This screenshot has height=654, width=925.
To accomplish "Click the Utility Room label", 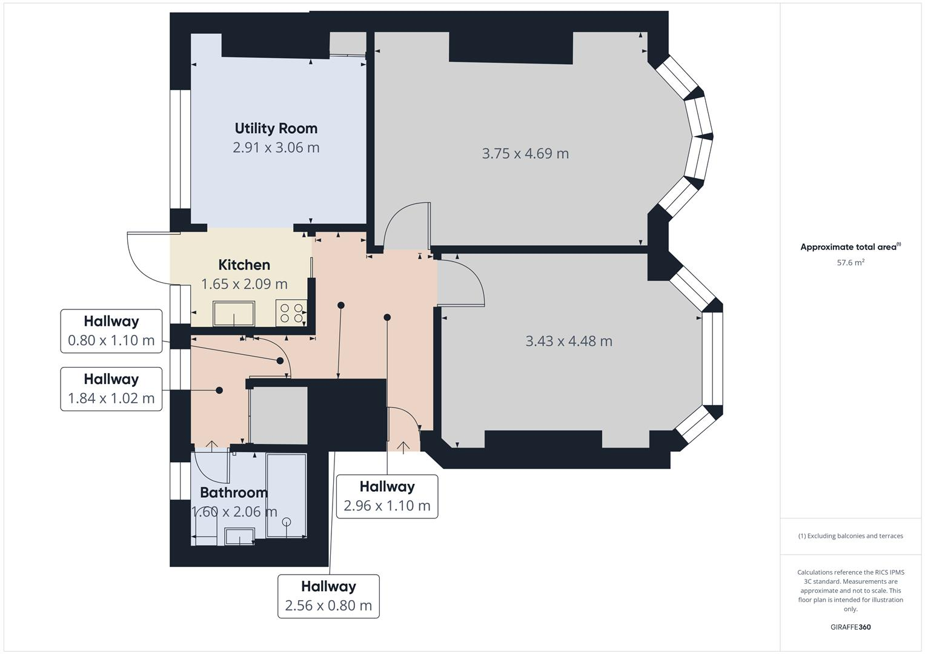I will (276, 128).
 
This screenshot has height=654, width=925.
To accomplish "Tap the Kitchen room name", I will (244, 265).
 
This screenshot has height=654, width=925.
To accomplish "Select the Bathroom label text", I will (234, 492).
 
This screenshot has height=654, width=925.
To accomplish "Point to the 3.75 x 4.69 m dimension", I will (525, 154).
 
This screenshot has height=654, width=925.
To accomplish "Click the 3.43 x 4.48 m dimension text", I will (569, 342).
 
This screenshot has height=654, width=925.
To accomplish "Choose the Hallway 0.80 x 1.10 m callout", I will (111, 331).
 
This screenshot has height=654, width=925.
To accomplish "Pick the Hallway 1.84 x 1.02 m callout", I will (111, 389).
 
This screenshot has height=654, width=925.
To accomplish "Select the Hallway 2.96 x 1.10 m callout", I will (387, 497).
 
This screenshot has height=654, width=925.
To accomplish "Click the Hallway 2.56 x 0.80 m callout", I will (328, 596).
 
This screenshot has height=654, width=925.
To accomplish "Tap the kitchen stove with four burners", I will (291, 312).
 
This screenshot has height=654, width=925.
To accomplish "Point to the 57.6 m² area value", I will (850, 263).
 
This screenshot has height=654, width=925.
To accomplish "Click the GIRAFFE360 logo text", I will (850, 627).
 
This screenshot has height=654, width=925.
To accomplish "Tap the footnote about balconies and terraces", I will (850, 536).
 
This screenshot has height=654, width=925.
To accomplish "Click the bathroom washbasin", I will (239, 537).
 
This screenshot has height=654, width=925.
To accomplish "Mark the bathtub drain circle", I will (287, 522).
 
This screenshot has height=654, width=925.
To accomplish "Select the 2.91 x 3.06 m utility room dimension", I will (276, 148).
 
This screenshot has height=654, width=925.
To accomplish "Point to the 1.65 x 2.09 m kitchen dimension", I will (244, 284).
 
